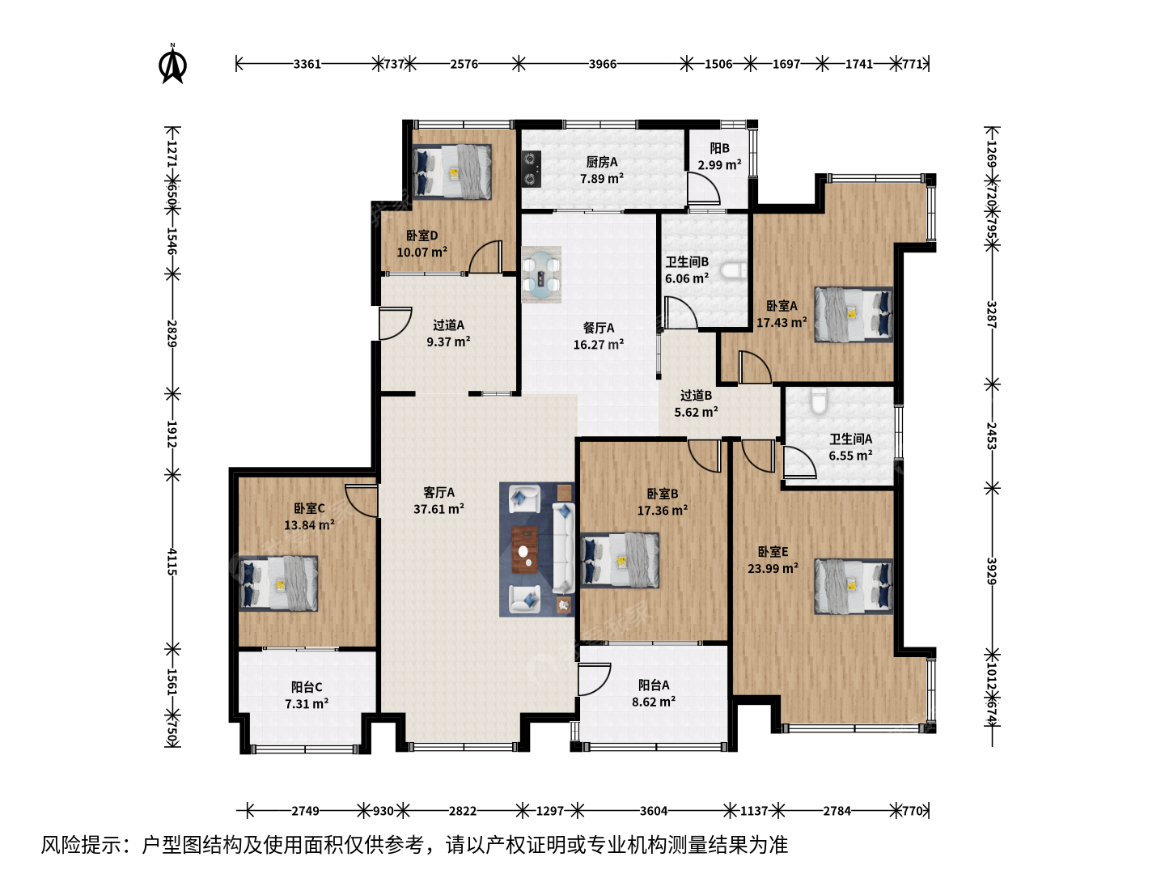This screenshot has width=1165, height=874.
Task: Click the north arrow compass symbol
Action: click(x=172, y=64)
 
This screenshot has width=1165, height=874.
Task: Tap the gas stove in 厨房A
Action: click(x=531, y=169)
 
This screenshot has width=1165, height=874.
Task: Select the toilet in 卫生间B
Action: click(x=734, y=271)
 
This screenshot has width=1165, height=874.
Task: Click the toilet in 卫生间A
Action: click(x=819, y=401)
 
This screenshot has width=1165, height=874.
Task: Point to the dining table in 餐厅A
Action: click(x=541, y=274)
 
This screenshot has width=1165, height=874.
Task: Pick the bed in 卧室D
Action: click(x=452, y=172)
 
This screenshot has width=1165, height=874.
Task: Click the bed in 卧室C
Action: click(x=278, y=583)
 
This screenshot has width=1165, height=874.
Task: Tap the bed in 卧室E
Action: click(x=854, y=587)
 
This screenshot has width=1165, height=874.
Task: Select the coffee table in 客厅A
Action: click(x=525, y=549)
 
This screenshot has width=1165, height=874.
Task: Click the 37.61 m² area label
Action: click(x=439, y=509)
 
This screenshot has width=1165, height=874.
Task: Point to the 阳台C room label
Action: click(x=307, y=687)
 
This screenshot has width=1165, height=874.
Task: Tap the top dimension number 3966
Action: click(x=603, y=64)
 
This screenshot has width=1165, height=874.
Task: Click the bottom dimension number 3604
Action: click(x=654, y=811)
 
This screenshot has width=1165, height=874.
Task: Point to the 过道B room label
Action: click(x=696, y=396)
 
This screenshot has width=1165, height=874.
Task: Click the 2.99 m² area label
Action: click(x=719, y=164)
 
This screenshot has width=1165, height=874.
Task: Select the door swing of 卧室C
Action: click(x=362, y=500)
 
